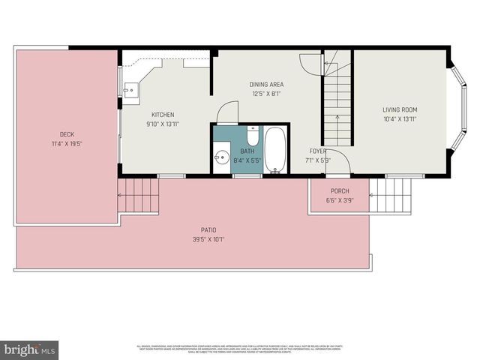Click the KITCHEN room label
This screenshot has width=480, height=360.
click(x=162, y=114)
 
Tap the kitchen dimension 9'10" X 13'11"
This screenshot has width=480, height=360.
click(x=162, y=124)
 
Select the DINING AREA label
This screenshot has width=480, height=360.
click(x=266, y=85)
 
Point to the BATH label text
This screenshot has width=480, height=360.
click(x=247, y=151)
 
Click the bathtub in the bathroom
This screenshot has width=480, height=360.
click(x=275, y=150)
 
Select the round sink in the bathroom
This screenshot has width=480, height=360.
click(x=222, y=158)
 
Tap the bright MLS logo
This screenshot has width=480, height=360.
click(x=30, y=349)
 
